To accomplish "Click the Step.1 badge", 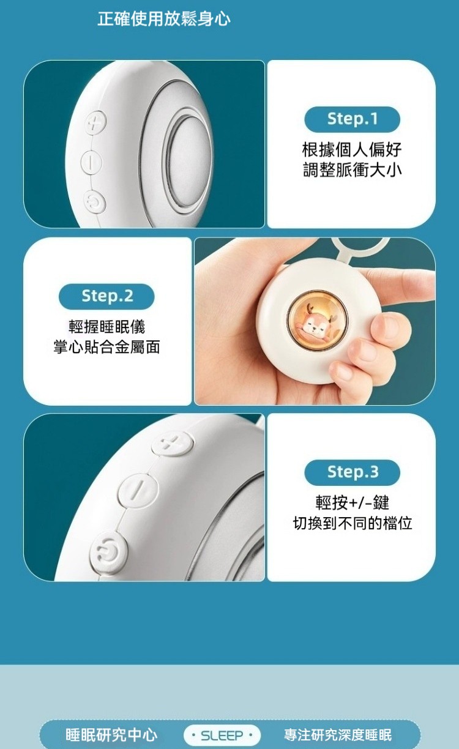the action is tap(352, 119).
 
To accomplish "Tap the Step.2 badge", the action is tap(106, 296).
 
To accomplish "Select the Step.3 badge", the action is tap(352, 472).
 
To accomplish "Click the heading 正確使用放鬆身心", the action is tap(164, 19).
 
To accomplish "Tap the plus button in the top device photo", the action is tap(96, 122).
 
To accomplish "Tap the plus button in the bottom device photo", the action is tap(172, 444).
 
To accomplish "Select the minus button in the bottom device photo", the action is tap(138, 491).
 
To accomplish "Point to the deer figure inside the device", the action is tap(317, 321).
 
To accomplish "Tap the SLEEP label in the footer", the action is tap(222, 736).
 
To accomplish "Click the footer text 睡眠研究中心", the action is tap(111, 735).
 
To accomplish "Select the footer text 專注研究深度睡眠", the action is tap(338, 735).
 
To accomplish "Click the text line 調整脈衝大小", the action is tap(352, 170).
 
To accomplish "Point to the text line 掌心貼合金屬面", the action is tap(106, 347).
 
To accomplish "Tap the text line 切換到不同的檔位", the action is tap(353, 523).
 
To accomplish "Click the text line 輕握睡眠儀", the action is tap(106, 327).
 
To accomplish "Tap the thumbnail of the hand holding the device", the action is tap(315, 321).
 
